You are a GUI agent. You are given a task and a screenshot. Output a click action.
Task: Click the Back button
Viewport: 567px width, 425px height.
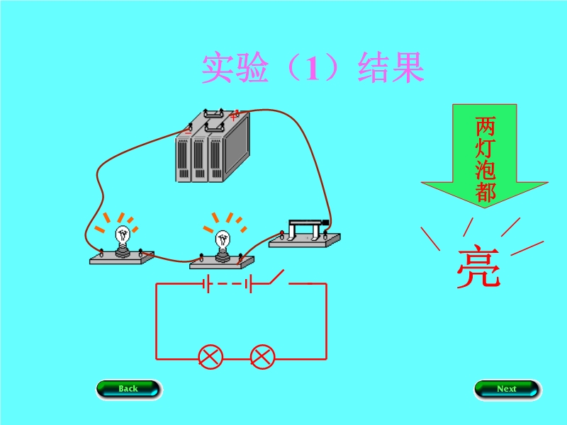[128, 389]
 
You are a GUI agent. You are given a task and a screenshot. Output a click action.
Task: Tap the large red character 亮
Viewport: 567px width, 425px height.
[478, 268]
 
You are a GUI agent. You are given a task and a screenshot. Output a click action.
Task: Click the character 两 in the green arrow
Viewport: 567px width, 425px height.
[485, 127]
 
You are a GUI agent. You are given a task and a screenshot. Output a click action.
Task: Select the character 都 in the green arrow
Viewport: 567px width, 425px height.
[485, 191]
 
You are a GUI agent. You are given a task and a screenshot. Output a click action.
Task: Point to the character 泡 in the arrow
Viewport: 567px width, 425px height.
[485, 170]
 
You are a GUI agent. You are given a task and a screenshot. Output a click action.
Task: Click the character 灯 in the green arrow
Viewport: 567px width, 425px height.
[485, 149]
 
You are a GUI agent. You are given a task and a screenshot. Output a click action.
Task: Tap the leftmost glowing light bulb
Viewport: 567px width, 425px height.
[123, 237]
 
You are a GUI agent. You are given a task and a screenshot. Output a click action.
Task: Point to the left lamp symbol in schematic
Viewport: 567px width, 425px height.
[210, 356]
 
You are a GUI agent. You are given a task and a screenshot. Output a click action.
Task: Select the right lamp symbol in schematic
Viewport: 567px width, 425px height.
[262, 356]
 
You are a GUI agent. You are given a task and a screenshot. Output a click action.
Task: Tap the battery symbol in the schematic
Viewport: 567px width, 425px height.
[227, 285]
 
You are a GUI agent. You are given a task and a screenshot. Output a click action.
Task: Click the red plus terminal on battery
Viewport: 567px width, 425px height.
[235, 113]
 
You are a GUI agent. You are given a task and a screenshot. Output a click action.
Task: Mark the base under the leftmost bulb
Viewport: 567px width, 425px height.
[122, 259]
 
